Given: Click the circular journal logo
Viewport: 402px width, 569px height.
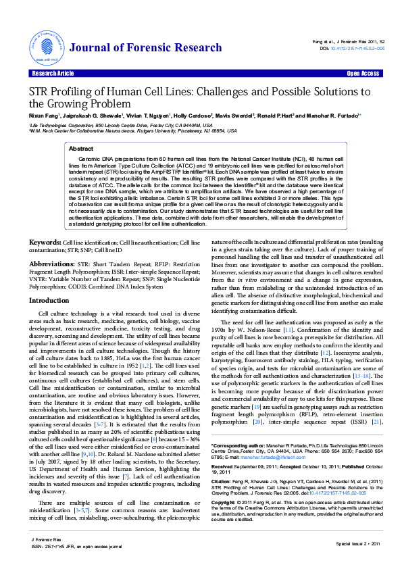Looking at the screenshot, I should tap(45, 45).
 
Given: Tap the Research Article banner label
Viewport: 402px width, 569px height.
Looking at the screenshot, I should tap(51, 73).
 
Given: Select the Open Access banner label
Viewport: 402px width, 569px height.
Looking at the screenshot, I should tap(362, 73).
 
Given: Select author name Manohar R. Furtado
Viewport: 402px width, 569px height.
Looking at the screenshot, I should tap(336, 116).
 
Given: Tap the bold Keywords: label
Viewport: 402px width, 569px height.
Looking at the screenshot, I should tap(45, 242).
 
